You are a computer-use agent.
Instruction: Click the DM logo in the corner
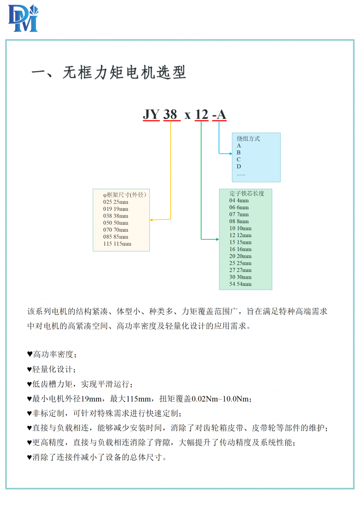(x=23, y=18)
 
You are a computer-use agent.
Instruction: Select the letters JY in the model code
(x=151, y=114)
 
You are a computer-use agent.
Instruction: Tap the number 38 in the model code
(x=170, y=114)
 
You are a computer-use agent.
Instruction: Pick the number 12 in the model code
(x=202, y=114)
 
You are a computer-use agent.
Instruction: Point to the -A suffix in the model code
(x=219, y=114)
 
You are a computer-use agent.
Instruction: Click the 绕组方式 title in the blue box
(x=248, y=139)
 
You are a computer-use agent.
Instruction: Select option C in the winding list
(x=239, y=159)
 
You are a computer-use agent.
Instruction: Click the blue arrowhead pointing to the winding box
(x=231, y=154)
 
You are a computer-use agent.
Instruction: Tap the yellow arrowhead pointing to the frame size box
(x=151, y=220)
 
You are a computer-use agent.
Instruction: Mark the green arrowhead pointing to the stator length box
(x=218, y=239)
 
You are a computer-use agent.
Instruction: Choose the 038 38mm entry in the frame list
(x=115, y=216)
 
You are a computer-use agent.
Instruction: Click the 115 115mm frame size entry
(x=117, y=244)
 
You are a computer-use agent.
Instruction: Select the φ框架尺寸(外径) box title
(x=125, y=195)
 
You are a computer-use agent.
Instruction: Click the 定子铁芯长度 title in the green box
(x=247, y=193)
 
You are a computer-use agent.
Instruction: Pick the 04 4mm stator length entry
(x=239, y=200)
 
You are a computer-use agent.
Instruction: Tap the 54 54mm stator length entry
(x=240, y=284)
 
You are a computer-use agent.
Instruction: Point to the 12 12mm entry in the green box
(x=240, y=235)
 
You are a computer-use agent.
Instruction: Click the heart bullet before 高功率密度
(x=30, y=354)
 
